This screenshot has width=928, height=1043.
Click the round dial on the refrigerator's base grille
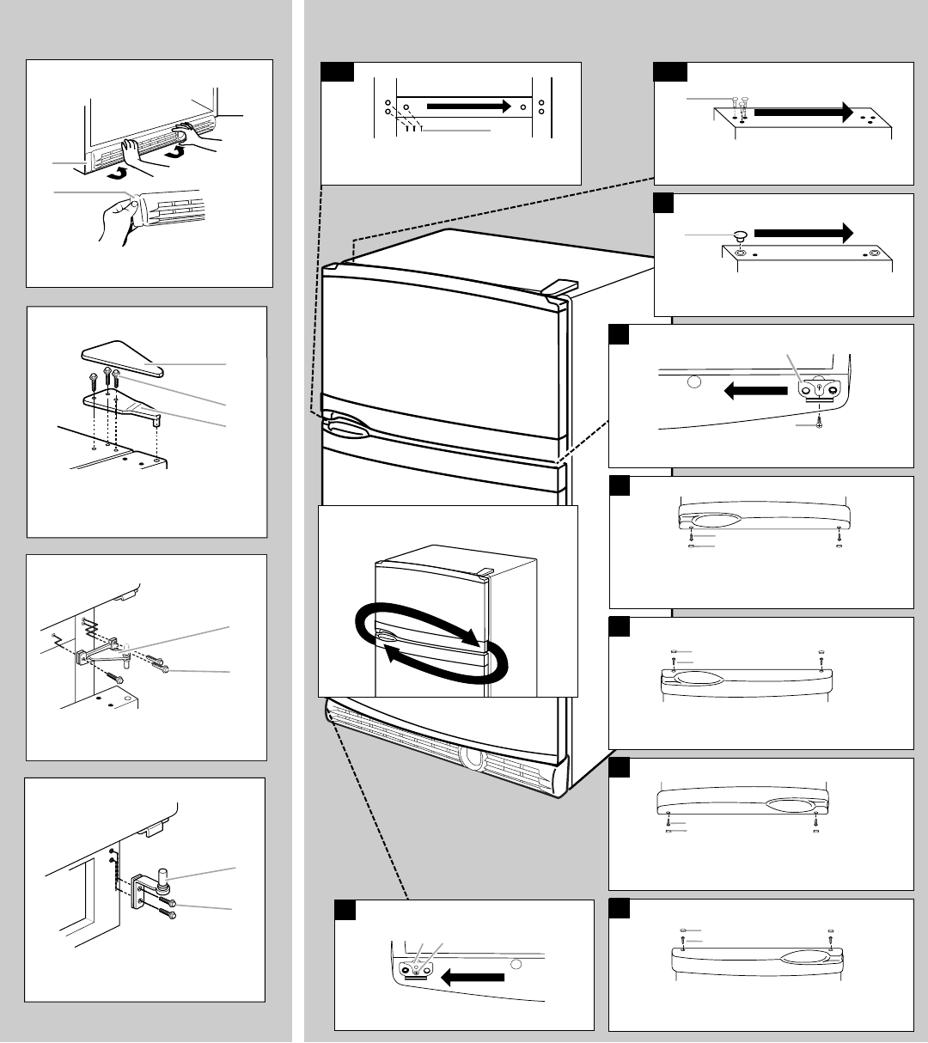[471, 758]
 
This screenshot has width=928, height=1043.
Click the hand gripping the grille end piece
[123, 209]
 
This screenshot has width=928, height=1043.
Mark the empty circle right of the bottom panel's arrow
[516, 965]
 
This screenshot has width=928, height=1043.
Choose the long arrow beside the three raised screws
[803, 112]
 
